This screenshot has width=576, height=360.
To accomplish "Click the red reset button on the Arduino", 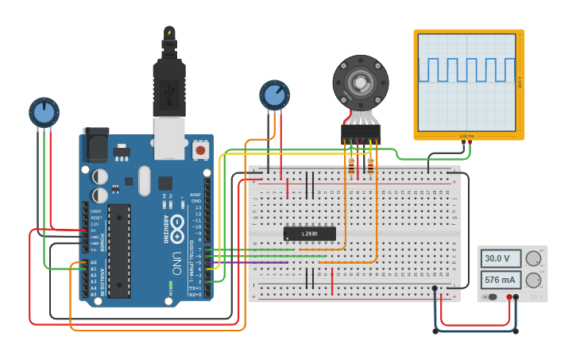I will pos(200,149).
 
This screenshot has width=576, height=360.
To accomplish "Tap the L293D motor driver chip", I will pos(310,234).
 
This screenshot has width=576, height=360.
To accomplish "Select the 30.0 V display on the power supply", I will pos(501,258).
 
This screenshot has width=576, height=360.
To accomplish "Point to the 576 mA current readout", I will pos(501,280).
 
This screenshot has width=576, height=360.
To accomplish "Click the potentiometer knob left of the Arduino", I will pos(44,112).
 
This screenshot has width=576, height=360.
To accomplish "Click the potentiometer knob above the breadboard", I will pos(274,95).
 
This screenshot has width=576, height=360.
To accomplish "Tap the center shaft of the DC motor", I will pos(361,82).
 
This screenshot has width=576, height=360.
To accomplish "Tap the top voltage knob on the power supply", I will pos(534,258).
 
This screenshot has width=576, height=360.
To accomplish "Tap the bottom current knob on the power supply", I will pos(534,280).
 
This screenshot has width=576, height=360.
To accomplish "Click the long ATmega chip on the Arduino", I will pos(119,250).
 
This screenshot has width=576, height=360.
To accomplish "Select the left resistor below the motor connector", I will pos(351,165).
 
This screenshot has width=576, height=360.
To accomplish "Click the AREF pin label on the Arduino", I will pos(195,194).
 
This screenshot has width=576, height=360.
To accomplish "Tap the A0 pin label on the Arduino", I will pos(93,262).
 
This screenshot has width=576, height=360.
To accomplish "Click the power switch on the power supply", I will pos(493,297).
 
